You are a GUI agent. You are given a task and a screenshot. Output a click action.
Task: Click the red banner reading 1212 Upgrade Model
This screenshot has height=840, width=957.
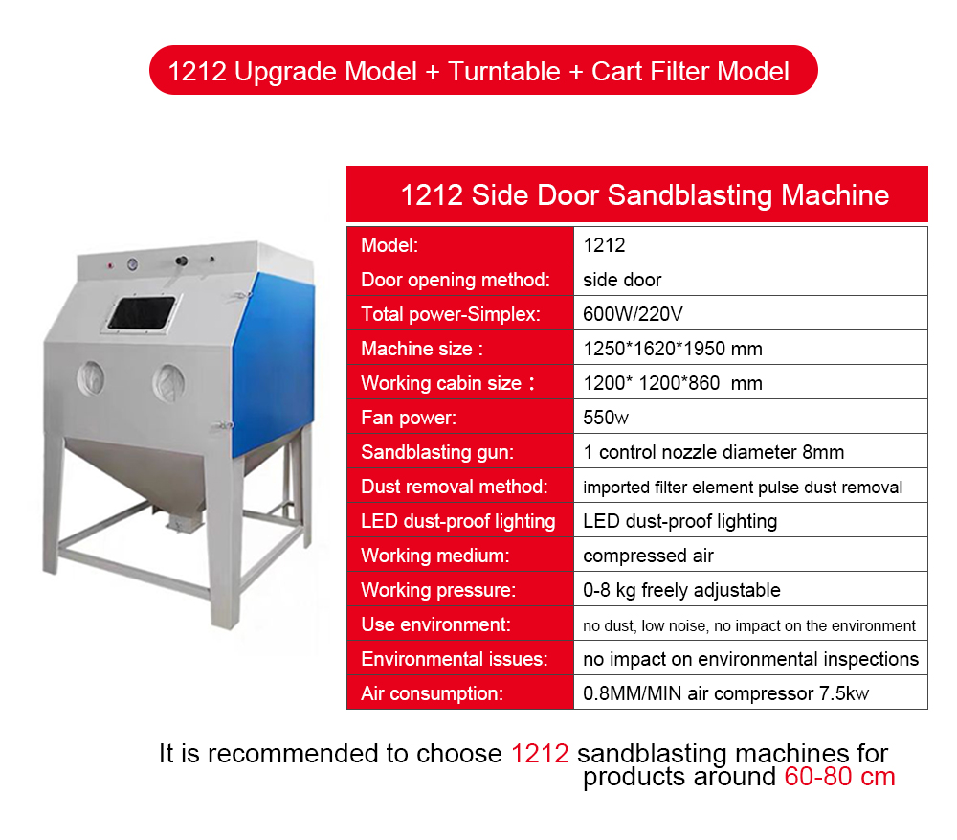tap(483, 70)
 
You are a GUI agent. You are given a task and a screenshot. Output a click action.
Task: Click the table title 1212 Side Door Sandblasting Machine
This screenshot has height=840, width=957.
tap(644, 194)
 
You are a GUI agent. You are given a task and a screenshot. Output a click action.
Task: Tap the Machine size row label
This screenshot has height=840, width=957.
tap(422, 349)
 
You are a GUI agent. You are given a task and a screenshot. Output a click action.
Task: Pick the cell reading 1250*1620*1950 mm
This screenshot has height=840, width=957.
tap(673, 349)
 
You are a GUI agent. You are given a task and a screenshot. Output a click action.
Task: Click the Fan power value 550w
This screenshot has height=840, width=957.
tap(606, 418)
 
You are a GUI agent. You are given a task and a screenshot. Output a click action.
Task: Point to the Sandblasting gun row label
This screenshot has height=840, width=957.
tap(437, 452)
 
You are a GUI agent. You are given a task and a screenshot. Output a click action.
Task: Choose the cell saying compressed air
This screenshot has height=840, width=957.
tap(648, 556)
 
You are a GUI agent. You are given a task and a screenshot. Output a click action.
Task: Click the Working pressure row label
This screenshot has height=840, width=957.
tap(438, 590)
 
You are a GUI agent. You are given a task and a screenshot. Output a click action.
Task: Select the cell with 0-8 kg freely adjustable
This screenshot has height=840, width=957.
tap(681, 590)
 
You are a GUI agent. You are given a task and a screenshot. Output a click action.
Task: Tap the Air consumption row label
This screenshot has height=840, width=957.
tap(433, 693)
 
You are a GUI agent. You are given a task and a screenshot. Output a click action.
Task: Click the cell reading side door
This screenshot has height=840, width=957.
tap(622, 280)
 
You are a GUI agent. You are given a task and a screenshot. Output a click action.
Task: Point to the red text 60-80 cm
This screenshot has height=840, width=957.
tap(839, 777)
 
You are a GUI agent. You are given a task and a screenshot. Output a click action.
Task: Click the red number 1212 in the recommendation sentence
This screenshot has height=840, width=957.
tap(540, 753)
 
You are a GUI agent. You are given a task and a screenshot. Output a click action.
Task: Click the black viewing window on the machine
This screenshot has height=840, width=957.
tap(142, 313)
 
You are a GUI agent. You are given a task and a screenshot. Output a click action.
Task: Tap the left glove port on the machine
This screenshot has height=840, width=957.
tap(91, 377)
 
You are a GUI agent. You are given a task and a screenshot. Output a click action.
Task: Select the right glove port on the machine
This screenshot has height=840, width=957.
tap(168, 383)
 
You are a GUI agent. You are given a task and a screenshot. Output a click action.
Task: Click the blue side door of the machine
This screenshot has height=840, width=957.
tap(274, 364)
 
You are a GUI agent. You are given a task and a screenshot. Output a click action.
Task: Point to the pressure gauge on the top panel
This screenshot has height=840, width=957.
tap(132, 264)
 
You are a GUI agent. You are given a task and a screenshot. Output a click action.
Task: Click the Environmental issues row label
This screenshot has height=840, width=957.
tap(454, 659)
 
